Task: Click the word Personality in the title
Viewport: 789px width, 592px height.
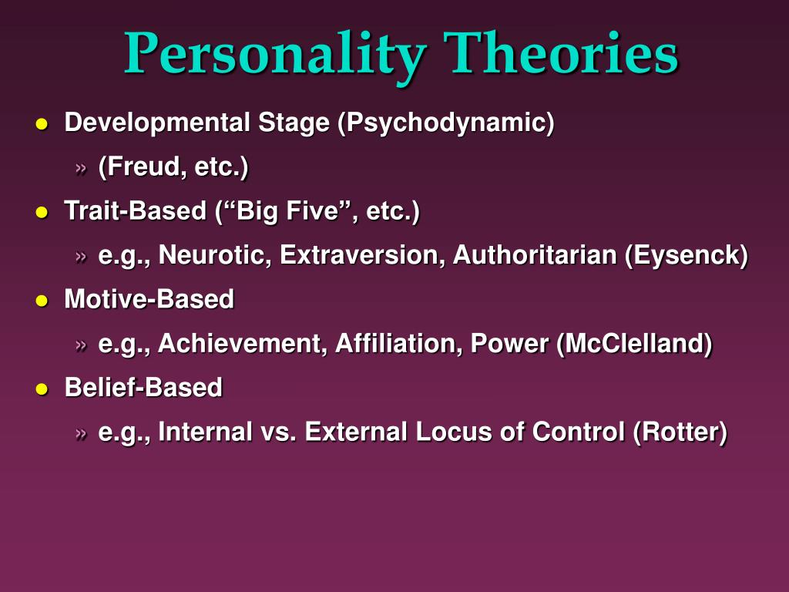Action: coord(276,55)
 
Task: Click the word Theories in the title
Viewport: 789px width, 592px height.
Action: coord(561,52)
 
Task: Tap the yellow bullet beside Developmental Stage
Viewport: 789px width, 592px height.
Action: coord(42,124)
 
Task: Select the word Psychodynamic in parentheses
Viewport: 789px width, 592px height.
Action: coord(446,123)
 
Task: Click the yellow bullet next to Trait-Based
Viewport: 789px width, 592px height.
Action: coord(42,213)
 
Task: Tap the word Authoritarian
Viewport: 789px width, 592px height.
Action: coord(535,254)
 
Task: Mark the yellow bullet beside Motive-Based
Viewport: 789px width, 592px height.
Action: coord(42,301)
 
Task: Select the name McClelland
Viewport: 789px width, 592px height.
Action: coord(635,343)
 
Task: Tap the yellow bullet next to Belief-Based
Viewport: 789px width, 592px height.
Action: coord(42,389)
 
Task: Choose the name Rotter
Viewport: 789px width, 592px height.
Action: coord(680,432)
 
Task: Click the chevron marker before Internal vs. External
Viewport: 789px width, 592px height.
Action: coord(81,433)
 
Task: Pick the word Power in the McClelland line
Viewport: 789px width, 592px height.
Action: coord(509,343)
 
